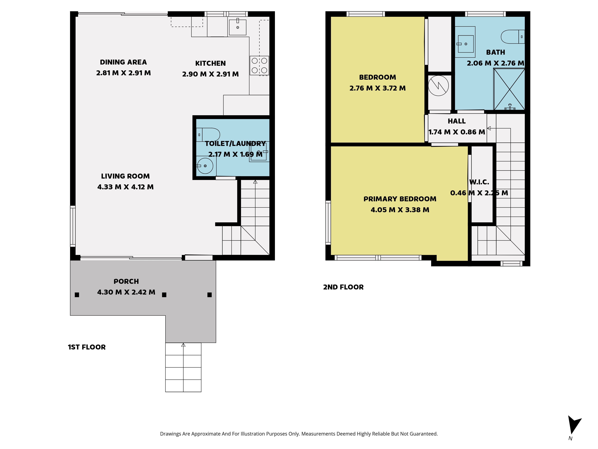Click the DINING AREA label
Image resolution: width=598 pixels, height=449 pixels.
tap(123, 62)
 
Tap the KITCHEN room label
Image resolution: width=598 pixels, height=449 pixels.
tap(210, 63)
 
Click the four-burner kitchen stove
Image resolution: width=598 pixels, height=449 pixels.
tap(259, 66)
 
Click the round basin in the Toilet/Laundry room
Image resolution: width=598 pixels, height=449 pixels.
tap(205, 166)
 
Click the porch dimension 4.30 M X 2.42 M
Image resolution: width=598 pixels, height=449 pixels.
tap(126, 292)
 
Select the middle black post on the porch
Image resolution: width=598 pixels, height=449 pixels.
tap(164, 295)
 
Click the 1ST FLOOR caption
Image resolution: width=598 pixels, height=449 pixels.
tap(87, 347)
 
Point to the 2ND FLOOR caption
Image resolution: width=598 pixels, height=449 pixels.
tap(343, 287)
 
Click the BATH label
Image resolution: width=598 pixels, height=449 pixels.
tap(496, 52)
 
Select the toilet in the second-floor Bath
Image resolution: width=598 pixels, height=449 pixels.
tap(513, 37)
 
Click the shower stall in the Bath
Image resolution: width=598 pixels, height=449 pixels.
tap(509, 89)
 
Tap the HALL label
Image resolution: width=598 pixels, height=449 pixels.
tap(457, 121)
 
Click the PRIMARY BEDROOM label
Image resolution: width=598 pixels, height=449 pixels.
tap(400, 199)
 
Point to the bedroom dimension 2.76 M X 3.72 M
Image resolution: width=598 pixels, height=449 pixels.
tap(377, 88)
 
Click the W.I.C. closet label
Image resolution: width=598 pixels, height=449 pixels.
tap(479, 182)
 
